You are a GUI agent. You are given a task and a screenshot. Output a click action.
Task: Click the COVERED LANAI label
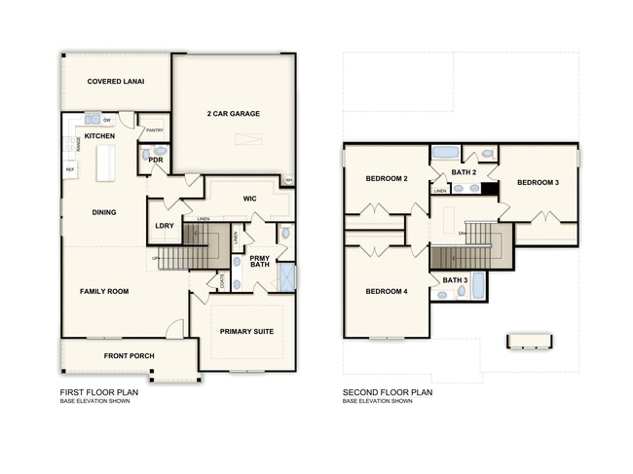tap(115, 82)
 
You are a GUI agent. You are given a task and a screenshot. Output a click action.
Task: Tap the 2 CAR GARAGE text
tap(233, 114)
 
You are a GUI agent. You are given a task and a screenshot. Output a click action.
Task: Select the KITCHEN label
tap(99, 136)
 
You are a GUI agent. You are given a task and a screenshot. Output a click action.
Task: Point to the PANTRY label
tap(154, 129)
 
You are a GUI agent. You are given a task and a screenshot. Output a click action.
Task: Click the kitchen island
tap(103, 164)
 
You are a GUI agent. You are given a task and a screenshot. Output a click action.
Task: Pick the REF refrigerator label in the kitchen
tap(70, 169)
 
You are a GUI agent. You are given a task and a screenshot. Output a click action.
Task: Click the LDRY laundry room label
tap(164, 226)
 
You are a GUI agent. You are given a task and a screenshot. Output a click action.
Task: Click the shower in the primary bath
tap(286, 276)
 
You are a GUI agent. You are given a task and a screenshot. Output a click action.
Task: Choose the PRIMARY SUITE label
tap(245, 332)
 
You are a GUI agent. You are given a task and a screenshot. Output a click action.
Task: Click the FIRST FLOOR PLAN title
tap(98, 393)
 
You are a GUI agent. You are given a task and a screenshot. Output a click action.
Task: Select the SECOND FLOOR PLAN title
tap(388, 393)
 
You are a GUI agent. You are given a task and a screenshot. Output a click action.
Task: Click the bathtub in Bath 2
tap(445, 153)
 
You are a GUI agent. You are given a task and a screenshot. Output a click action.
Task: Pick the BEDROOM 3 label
tap(540, 183)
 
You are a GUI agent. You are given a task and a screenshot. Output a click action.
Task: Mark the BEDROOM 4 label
tap(386, 291)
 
